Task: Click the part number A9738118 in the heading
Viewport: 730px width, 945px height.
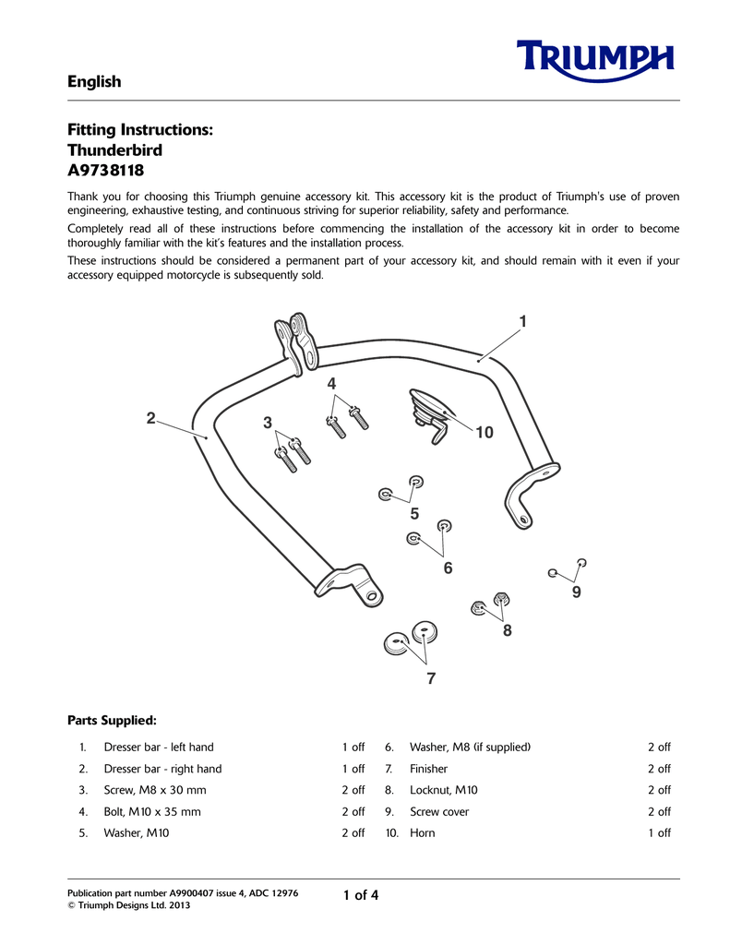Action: tap(105, 172)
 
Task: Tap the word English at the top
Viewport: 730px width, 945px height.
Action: tap(94, 82)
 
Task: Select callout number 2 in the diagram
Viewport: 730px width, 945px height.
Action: tap(150, 418)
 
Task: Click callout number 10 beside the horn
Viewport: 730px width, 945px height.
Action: tap(485, 432)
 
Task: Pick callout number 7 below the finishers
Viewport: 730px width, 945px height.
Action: tap(430, 679)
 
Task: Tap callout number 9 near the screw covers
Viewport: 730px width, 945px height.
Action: tap(577, 592)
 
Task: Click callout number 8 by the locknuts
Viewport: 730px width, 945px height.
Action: tap(508, 631)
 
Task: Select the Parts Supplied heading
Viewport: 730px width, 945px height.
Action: tap(112, 719)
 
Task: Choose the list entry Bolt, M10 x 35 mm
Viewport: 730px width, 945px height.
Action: tap(152, 812)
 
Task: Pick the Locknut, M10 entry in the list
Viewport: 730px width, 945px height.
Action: tap(444, 791)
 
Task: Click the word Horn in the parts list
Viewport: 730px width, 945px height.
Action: tap(423, 833)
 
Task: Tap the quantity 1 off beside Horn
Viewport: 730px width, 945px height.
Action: tap(659, 833)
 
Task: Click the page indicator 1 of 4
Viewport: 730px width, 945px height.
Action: tap(361, 895)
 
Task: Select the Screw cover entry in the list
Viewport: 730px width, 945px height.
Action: tap(439, 812)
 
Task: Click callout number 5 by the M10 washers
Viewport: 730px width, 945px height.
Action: tap(414, 513)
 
